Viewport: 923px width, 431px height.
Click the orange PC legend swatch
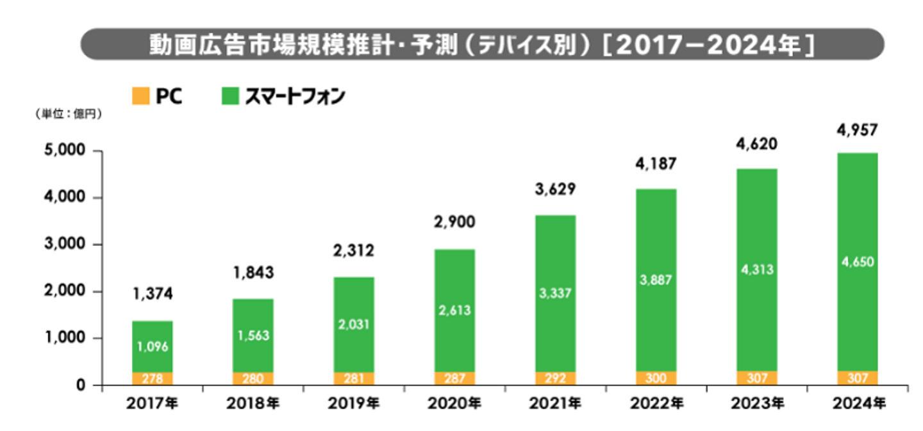pyautogui.click(x=140, y=97)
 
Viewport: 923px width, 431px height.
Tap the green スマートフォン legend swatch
pyautogui.click(x=229, y=97)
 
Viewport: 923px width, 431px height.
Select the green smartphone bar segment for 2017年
pyautogui.click(x=152, y=346)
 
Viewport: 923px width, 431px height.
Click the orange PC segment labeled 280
pyautogui.click(x=253, y=378)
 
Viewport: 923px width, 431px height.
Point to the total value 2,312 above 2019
pyautogui.click(x=353, y=250)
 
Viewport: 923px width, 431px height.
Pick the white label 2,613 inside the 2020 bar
pyautogui.click(x=454, y=310)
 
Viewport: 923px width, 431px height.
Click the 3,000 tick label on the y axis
pyautogui.click(x=65, y=245)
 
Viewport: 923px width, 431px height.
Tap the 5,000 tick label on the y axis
pyautogui.click(x=65, y=151)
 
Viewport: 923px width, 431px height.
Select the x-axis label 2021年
pyautogui.click(x=555, y=404)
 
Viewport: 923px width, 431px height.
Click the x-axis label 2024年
pyautogui.click(x=858, y=404)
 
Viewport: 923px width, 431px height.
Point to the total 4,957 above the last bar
pyautogui.click(x=858, y=131)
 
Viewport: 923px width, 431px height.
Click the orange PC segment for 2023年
pyautogui.click(x=757, y=378)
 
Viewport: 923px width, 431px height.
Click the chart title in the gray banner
pyautogui.click(x=482, y=45)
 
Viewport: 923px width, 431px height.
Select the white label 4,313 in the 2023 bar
pyautogui.click(x=757, y=270)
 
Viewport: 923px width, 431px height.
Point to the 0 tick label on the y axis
pyautogui.click(x=81, y=386)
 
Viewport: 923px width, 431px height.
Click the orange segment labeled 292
pyautogui.click(x=555, y=378)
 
